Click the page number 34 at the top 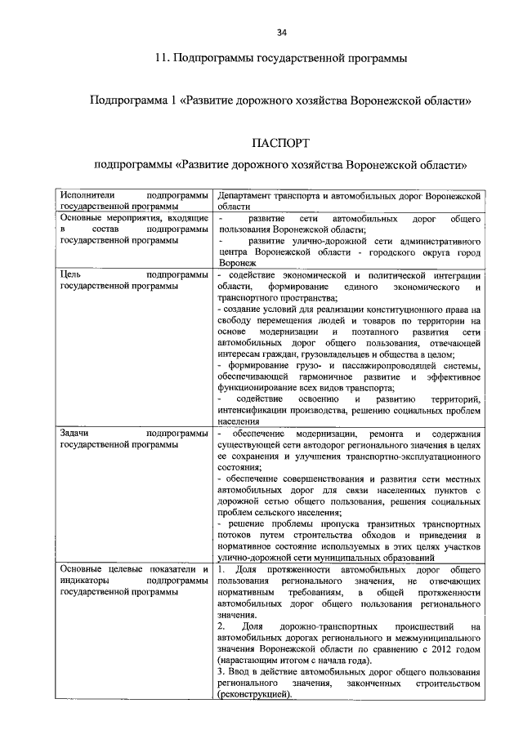281,32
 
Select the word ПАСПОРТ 280,144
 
